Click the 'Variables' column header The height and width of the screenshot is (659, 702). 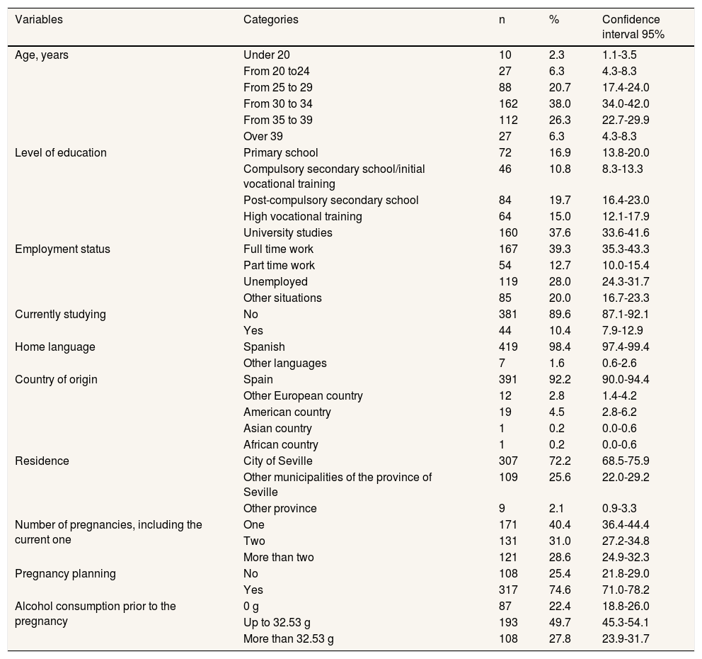pos(39,20)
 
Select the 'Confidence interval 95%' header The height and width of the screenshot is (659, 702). pos(632,27)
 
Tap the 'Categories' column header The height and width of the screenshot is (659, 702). pos(270,20)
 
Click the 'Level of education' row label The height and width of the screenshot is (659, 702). pos(60,152)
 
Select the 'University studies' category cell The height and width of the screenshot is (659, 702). pos(287,232)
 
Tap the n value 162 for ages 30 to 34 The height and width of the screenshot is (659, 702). pos(508,103)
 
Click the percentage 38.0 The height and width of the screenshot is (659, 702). pos(559,103)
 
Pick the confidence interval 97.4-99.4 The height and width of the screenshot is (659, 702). pos(626,347)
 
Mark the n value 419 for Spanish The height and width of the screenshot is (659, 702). pos(508,347)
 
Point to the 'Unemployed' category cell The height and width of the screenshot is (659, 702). pos(275,281)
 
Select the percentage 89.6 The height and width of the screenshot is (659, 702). pos(559,314)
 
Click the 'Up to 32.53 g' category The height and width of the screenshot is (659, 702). pos(277,622)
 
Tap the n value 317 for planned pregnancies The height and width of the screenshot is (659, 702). pos(508,590)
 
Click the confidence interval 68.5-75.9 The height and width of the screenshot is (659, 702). pos(626,461)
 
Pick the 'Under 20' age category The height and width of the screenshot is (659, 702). pos(266,55)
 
